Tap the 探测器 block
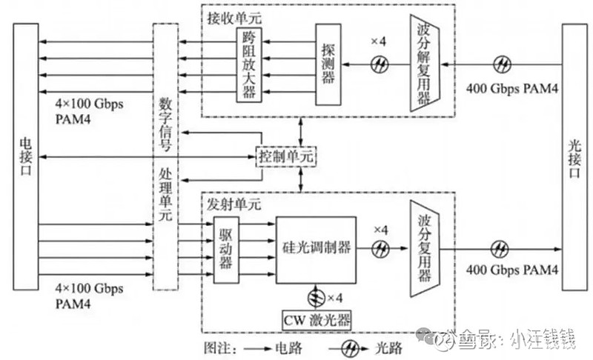tap(327, 64)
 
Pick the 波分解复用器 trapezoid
tap(425, 66)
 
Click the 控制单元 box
tap(286, 156)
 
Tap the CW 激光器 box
tap(317, 320)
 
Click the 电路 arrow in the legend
tap(251, 346)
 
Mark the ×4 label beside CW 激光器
tap(337, 298)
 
